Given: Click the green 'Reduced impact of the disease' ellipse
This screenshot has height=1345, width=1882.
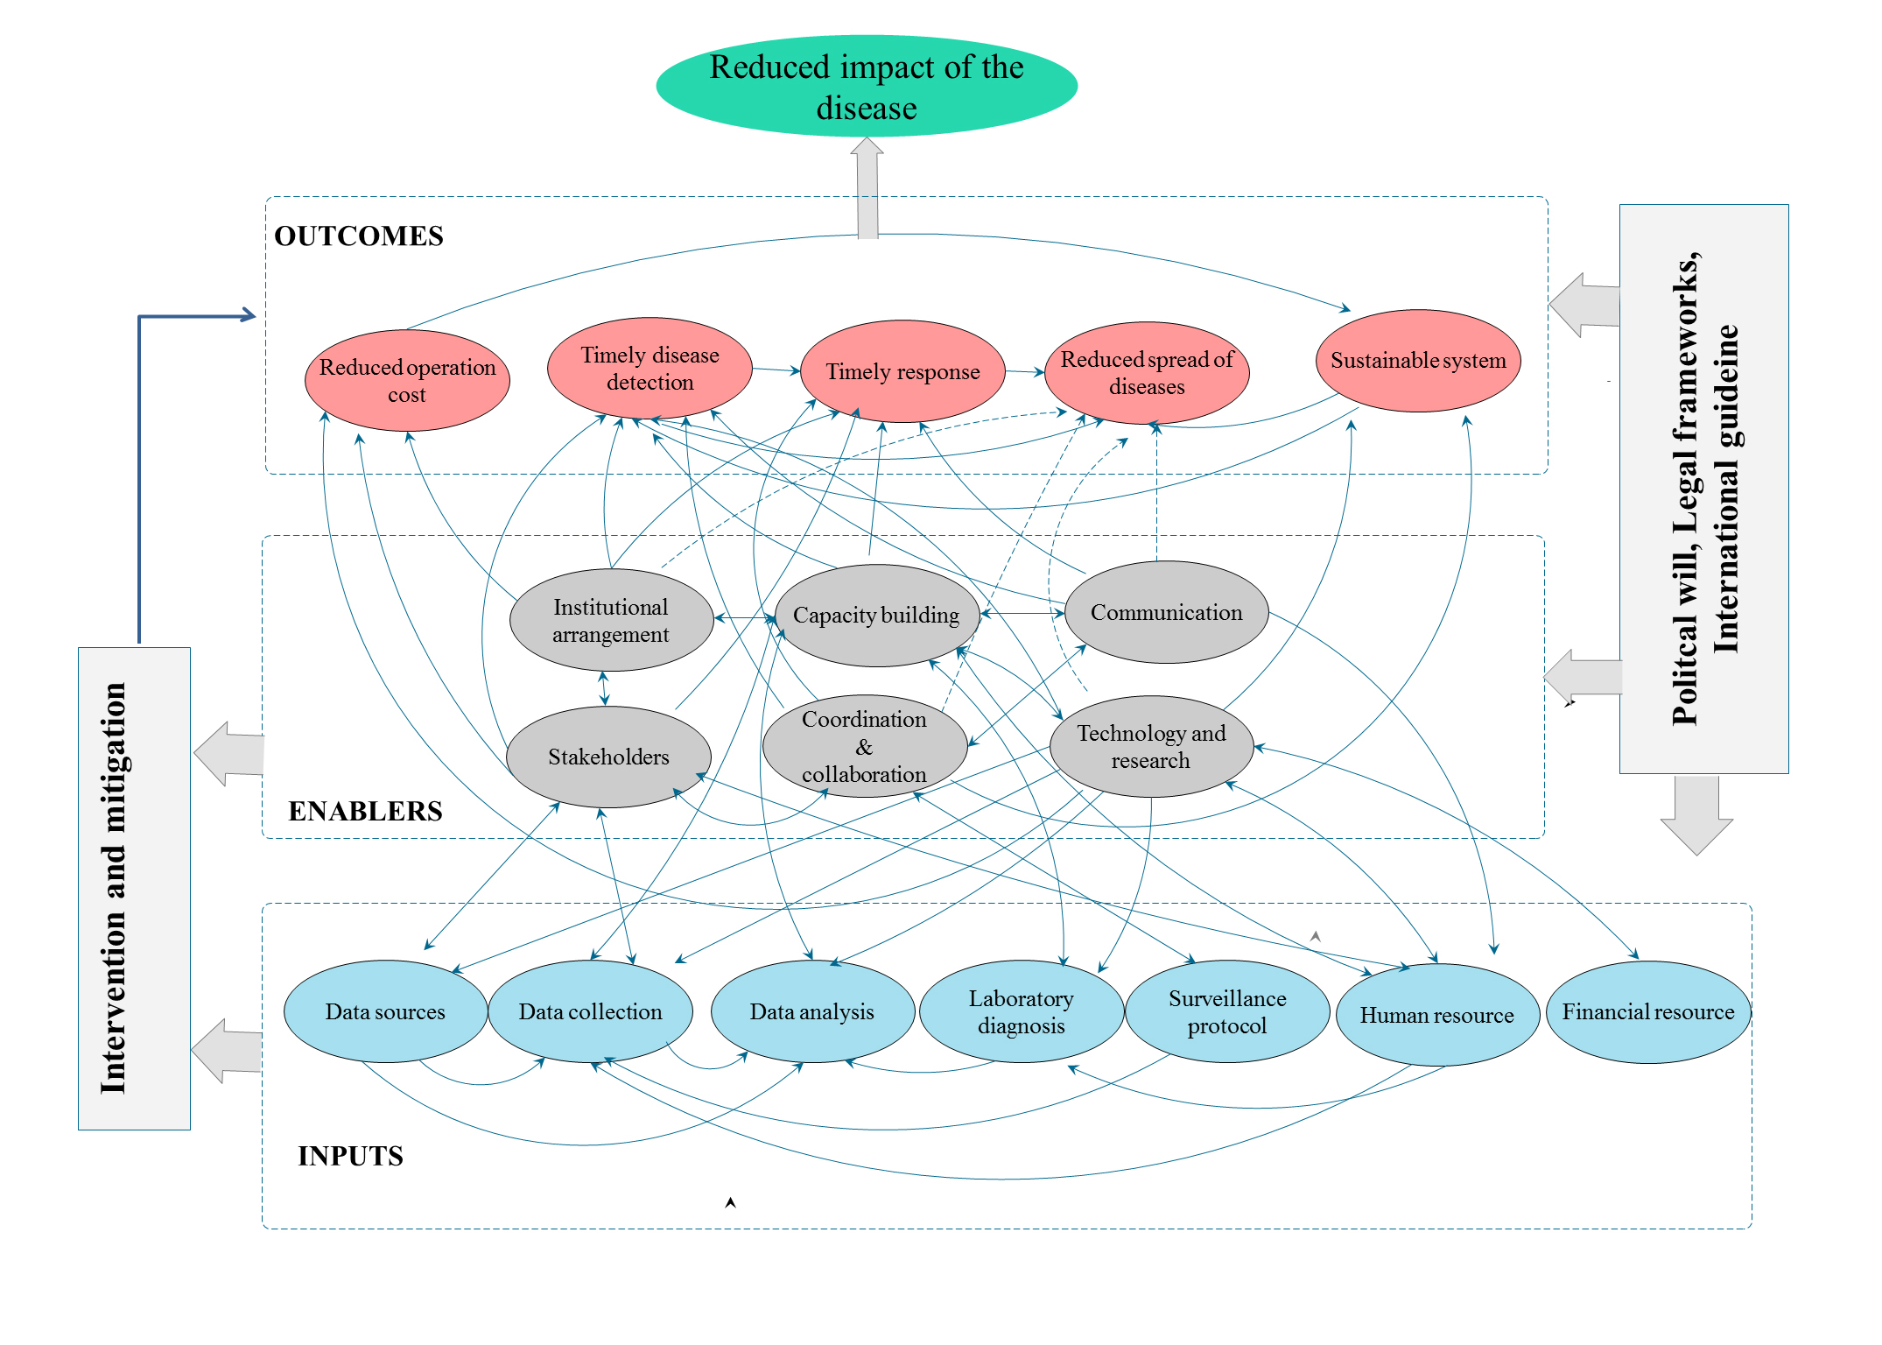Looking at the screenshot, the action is click(867, 86).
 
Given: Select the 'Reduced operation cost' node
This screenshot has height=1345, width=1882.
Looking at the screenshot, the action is click(407, 380).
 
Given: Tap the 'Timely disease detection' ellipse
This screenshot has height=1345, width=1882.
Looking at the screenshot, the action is click(650, 368).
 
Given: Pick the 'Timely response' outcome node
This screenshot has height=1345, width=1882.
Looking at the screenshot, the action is click(902, 371).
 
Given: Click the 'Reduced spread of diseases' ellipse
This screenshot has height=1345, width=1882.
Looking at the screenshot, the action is click(1147, 373).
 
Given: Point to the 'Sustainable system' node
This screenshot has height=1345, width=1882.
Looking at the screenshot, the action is click(1418, 360).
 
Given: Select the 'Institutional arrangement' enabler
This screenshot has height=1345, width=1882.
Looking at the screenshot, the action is click(611, 620).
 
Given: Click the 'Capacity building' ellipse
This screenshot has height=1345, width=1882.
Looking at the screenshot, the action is click(876, 616).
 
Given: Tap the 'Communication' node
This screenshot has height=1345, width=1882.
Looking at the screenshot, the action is click(1166, 612).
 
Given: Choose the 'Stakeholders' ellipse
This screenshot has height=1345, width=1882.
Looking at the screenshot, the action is click(608, 757).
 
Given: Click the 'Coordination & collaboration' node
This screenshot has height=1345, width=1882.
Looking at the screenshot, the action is click(864, 746).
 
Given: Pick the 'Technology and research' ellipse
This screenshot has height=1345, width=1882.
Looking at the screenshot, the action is click(1151, 746).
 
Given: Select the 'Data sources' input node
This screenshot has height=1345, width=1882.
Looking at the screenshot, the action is click(385, 1011).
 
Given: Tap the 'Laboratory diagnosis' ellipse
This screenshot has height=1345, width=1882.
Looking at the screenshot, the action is click(1022, 1011).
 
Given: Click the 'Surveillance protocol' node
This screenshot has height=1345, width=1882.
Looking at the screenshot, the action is click(1227, 1011).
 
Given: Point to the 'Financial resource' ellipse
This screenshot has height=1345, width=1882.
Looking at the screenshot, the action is click(1648, 1012).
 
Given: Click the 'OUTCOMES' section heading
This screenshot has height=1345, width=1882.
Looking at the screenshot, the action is click(359, 236).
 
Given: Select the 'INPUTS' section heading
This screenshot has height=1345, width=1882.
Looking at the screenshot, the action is click(350, 1156).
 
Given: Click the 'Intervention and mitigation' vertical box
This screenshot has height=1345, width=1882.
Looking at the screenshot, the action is click(134, 888).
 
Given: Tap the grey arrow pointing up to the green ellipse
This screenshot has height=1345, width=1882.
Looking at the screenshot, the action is click(867, 187).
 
